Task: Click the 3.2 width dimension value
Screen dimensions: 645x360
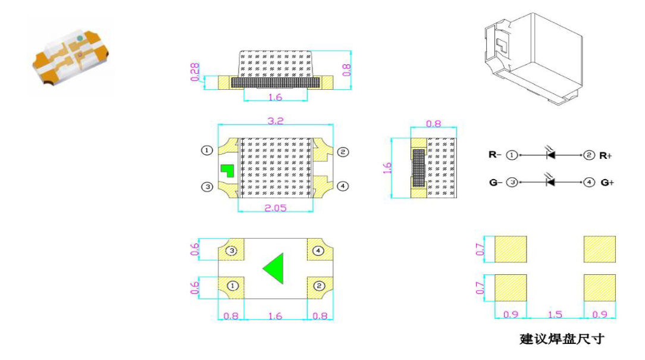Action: click(275, 121)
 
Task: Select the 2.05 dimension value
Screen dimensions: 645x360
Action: click(275, 208)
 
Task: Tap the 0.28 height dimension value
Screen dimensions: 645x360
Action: click(195, 72)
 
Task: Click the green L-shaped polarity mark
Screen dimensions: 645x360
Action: click(227, 170)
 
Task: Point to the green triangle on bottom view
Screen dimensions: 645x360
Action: click(275, 268)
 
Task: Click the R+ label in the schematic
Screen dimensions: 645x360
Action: click(606, 155)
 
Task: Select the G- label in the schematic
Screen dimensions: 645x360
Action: click(495, 182)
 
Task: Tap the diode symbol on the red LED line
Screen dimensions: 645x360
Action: click(550, 155)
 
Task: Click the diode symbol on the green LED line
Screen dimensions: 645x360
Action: click(550, 181)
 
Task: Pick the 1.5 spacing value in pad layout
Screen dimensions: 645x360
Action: click(555, 314)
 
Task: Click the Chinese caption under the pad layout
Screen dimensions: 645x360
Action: click(562, 339)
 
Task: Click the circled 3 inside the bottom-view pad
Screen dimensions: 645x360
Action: click(231, 251)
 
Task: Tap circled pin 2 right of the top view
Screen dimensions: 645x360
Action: click(343, 152)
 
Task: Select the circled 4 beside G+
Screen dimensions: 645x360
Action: click(589, 182)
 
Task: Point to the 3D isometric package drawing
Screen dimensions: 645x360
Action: click(534, 58)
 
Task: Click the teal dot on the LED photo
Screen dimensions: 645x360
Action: click(80, 38)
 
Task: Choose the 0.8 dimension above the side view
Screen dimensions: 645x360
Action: click(434, 123)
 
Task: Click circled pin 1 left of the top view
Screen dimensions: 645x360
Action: click(207, 150)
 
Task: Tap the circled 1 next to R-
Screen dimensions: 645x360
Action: click(512, 155)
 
